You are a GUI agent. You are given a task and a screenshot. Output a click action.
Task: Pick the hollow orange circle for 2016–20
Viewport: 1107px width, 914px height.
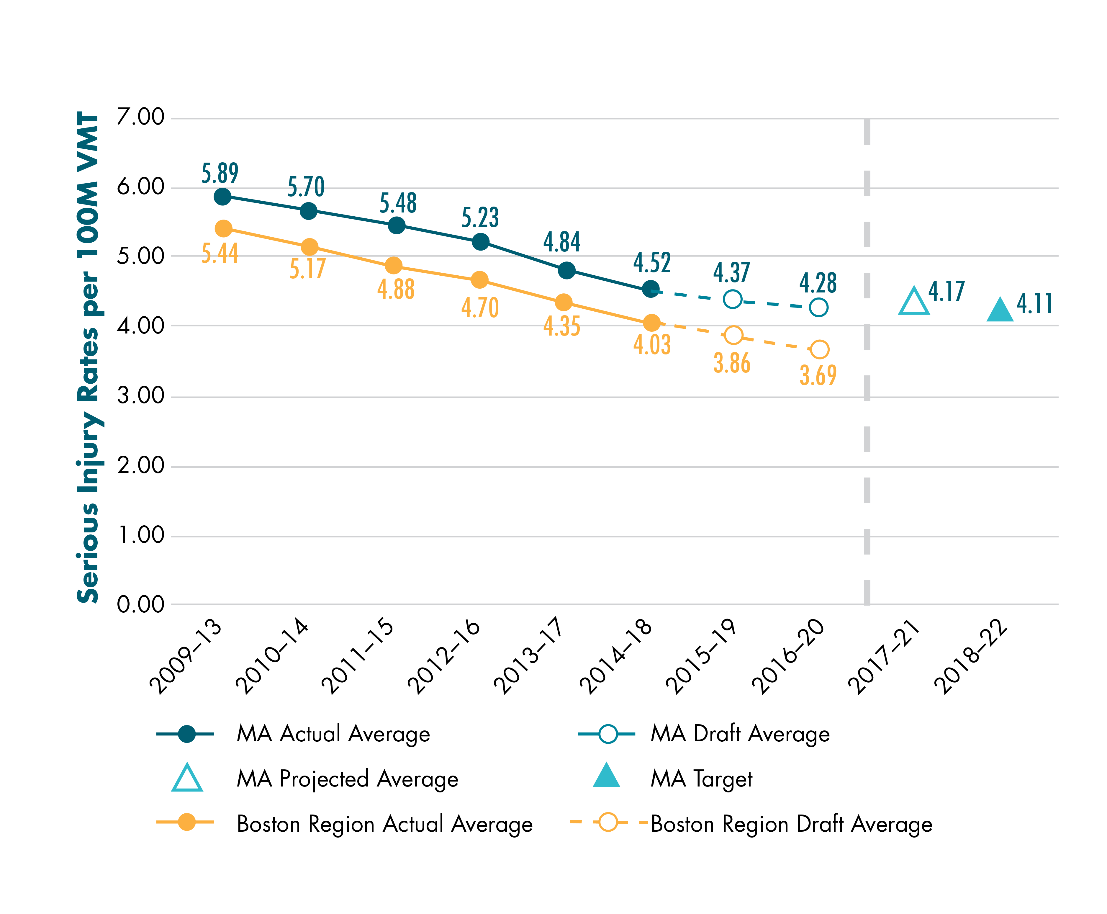click(819, 349)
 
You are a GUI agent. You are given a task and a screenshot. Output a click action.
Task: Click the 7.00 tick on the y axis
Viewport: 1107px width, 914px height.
click(140, 117)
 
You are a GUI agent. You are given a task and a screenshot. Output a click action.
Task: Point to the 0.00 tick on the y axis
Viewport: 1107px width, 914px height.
click(140, 604)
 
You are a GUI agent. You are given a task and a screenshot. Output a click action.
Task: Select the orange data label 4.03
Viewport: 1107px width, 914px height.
click(652, 345)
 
